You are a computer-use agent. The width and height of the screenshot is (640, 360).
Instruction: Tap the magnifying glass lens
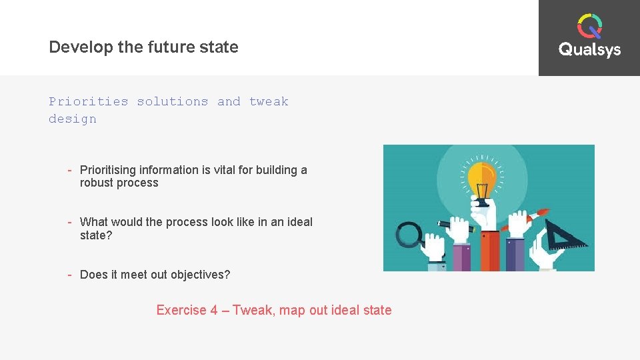coord(409,235)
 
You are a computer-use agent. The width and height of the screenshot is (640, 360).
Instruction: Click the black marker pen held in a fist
coord(453,225)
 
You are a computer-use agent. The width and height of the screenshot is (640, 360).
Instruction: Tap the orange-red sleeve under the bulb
coord(489,250)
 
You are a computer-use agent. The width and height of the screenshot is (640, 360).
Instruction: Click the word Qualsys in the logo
coord(589,50)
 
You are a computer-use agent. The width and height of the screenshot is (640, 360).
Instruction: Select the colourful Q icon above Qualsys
coord(589,26)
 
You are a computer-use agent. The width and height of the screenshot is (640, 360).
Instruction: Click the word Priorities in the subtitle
coord(88,101)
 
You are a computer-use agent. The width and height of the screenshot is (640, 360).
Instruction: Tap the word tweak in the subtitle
coord(269,101)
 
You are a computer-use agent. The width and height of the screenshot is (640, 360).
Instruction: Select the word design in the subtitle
coord(72,119)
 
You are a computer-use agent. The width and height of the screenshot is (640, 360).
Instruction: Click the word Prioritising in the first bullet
coord(108,170)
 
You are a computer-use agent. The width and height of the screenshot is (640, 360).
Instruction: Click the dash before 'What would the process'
coord(69,222)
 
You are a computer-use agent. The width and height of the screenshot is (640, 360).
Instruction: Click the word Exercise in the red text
coord(181,310)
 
